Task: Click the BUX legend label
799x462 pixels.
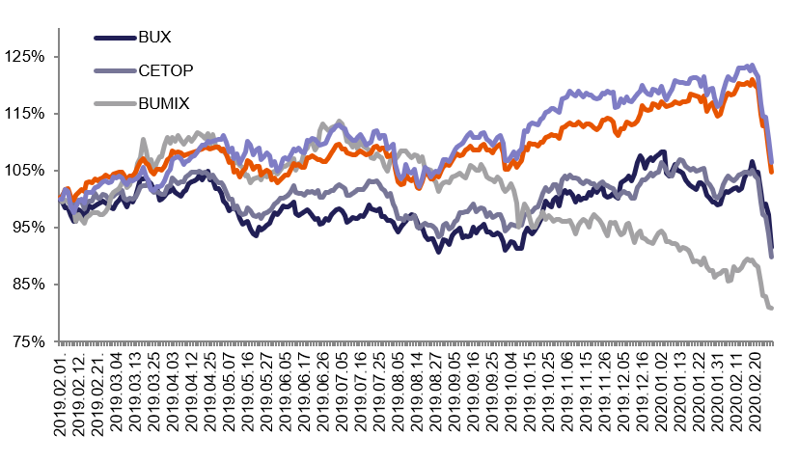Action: [x=154, y=38]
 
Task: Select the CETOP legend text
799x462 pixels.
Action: [x=166, y=70]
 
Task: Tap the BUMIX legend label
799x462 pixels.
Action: [x=164, y=103]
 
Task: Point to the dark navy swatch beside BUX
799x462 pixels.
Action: [x=115, y=38]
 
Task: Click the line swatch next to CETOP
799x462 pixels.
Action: [x=115, y=70]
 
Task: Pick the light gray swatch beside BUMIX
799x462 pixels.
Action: [x=115, y=103]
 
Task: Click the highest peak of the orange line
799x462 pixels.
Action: [x=752, y=80]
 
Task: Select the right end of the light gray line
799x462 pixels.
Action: [x=771, y=308]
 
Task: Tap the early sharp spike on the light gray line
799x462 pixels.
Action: [x=143, y=140]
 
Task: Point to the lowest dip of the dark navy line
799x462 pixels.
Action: [x=440, y=252]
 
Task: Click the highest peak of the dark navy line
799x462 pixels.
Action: [x=663, y=151]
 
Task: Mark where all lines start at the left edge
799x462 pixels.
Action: [x=60, y=199]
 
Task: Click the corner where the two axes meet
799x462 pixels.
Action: [x=59, y=341]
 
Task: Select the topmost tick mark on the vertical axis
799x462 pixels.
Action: [x=56, y=57]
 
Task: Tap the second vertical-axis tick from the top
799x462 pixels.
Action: [x=56, y=114]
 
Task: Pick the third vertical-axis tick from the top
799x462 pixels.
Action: [x=56, y=171]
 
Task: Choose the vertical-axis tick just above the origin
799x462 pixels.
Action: [x=56, y=285]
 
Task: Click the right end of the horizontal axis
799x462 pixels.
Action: [x=773, y=341]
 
